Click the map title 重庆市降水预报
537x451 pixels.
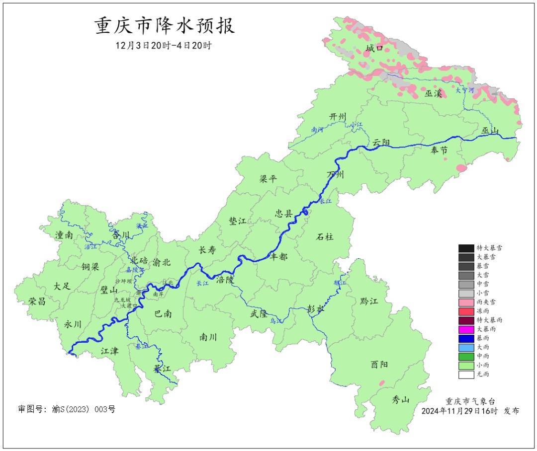(164, 26)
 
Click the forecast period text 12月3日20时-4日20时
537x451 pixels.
(164, 45)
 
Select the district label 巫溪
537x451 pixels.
(433, 93)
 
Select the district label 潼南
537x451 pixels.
(64, 235)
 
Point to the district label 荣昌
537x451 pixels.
(36, 301)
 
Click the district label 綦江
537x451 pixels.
(162, 369)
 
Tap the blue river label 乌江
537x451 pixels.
(276, 321)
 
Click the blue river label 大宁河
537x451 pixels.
(465, 90)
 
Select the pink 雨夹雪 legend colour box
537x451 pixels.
(466, 302)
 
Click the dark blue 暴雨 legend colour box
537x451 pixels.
(466, 338)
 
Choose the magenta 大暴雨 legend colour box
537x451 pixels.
(466, 329)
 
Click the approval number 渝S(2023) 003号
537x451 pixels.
(83, 409)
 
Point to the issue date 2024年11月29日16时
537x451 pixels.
(459, 411)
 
